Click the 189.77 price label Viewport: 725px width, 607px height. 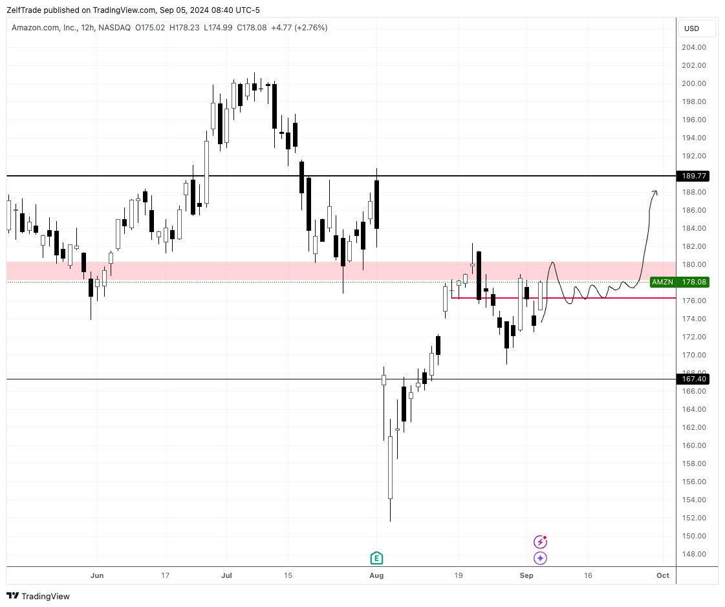(693, 176)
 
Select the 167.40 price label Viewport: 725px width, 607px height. (693, 379)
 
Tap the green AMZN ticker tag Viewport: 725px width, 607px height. (662, 282)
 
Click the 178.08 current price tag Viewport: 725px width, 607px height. (694, 282)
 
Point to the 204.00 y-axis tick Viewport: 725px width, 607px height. (693, 47)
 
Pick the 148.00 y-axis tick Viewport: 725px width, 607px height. (693, 554)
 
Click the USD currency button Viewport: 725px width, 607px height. (692, 28)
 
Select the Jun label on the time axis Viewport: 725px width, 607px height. (97, 575)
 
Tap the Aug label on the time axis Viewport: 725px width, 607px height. (376, 575)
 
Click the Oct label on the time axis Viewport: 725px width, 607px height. (663, 575)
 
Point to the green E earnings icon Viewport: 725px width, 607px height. (376, 558)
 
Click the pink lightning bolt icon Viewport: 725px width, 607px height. (540, 542)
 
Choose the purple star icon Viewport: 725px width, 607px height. (540, 558)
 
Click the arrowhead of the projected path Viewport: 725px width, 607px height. (655, 192)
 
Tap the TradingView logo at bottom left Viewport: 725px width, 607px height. (38, 596)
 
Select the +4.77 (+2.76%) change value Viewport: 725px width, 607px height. (299, 28)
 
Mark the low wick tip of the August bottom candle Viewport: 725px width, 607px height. (390, 521)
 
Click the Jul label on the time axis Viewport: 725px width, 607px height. (226, 575)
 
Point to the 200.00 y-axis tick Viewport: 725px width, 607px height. (693, 83)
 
